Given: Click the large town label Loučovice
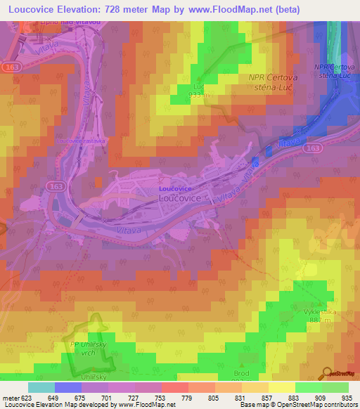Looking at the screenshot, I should [x=181, y=199].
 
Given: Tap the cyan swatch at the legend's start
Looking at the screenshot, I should [x=41, y=387].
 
